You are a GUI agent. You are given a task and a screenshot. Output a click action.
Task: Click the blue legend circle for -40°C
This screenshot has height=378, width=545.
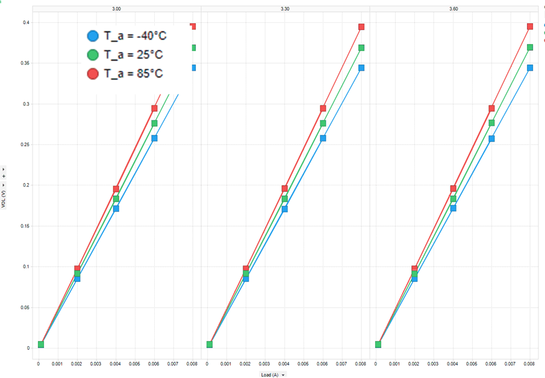click(93, 36)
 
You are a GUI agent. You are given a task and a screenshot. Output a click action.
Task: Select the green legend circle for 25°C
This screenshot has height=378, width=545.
click(93, 55)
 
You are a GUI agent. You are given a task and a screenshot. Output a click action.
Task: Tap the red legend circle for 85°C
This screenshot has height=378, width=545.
click(93, 73)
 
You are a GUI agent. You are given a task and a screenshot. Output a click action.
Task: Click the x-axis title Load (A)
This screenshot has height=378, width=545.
click(269, 374)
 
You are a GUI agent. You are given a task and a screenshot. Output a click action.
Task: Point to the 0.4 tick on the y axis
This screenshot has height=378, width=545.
click(26, 23)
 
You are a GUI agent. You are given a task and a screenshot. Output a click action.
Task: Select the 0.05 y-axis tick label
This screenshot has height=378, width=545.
click(25, 307)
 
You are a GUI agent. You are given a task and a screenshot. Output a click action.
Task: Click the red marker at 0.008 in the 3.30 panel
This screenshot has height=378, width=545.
click(361, 27)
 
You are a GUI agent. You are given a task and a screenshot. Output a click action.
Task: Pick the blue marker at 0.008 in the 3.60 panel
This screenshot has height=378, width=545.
click(530, 68)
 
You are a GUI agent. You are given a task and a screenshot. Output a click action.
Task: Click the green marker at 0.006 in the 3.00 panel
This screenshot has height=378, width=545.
click(154, 123)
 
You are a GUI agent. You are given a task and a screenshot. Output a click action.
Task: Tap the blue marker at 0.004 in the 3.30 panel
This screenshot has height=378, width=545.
click(284, 209)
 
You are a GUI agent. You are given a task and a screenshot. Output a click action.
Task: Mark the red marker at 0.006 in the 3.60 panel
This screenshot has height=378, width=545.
click(491, 108)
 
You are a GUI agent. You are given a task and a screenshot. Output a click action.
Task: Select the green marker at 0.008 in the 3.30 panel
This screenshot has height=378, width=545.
click(361, 48)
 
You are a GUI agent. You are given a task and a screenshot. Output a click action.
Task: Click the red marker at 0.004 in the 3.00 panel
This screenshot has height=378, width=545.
click(116, 189)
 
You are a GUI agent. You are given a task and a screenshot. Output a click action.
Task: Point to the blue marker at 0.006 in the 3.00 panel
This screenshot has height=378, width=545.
click(154, 138)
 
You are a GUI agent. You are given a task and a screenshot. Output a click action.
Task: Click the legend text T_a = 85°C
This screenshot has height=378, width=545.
click(133, 73)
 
